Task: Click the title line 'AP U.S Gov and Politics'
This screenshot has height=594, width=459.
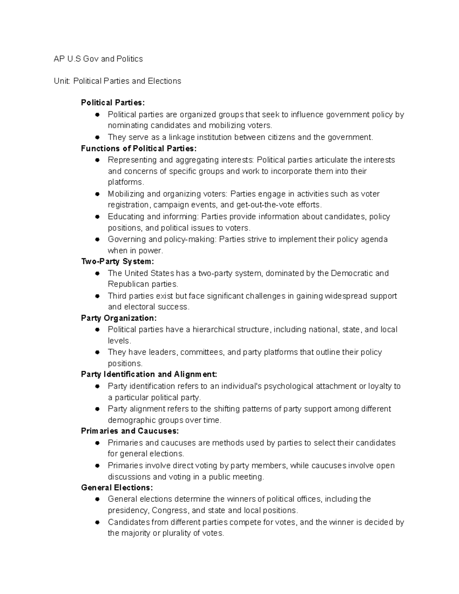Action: (x=98, y=59)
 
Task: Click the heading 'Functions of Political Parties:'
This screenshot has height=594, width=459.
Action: (x=139, y=148)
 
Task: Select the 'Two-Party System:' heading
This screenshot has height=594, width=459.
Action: (x=117, y=262)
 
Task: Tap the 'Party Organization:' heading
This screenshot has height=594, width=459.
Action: (x=119, y=318)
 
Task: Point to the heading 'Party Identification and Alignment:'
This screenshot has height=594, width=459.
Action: (x=149, y=374)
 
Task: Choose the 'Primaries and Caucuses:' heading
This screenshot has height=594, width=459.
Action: (x=130, y=431)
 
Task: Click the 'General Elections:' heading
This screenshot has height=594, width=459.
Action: (x=117, y=488)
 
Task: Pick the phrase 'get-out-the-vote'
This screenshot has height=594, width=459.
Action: (x=265, y=205)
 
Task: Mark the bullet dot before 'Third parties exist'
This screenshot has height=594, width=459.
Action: (x=98, y=296)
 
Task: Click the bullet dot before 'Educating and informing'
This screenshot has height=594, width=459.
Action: (x=98, y=216)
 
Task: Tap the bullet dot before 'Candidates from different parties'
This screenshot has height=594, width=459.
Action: (x=98, y=522)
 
